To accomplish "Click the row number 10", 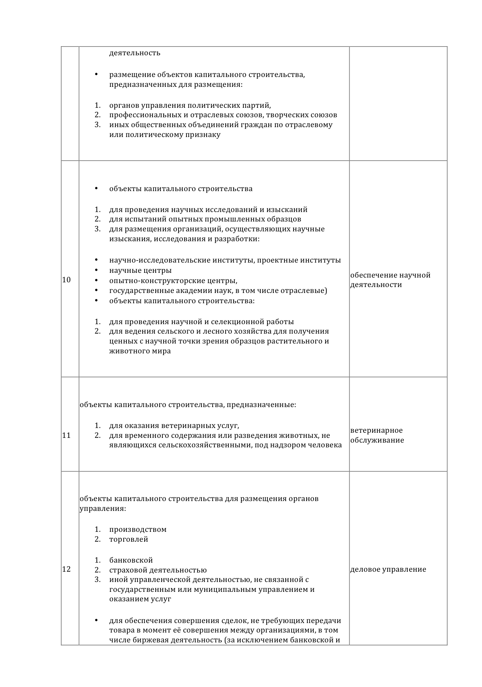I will click(x=66, y=280).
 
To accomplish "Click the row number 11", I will click(x=66, y=435).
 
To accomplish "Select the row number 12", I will click(x=66, y=569).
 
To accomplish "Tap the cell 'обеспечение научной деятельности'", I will click(x=390, y=280).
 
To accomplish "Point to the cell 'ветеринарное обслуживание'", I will click(x=377, y=435).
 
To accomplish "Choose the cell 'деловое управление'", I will click(x=388, y=569).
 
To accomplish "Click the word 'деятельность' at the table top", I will click(x=135, y=53).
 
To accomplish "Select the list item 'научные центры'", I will click(x=140, y=270).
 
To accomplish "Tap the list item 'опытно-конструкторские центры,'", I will click(x=173, y=281).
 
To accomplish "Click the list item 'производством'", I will click(x=138, y=529).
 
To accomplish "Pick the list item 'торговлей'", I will click(x=129, y=539).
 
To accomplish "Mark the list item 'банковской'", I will click(x=131, y=560).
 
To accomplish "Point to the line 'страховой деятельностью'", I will click(x=158, y=570).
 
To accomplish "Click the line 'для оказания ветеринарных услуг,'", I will click(x=174, y=426).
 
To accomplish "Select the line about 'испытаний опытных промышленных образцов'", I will click(x=205, y=219).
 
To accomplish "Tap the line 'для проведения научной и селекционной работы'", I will click(x=201, y=322).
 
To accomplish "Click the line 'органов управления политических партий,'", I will click(x=190, y=105).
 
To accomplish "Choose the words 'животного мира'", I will click(x=140, y=351).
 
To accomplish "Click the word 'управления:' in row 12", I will click(x=103, y=509).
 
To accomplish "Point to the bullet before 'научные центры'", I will click(x=96, y=270).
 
